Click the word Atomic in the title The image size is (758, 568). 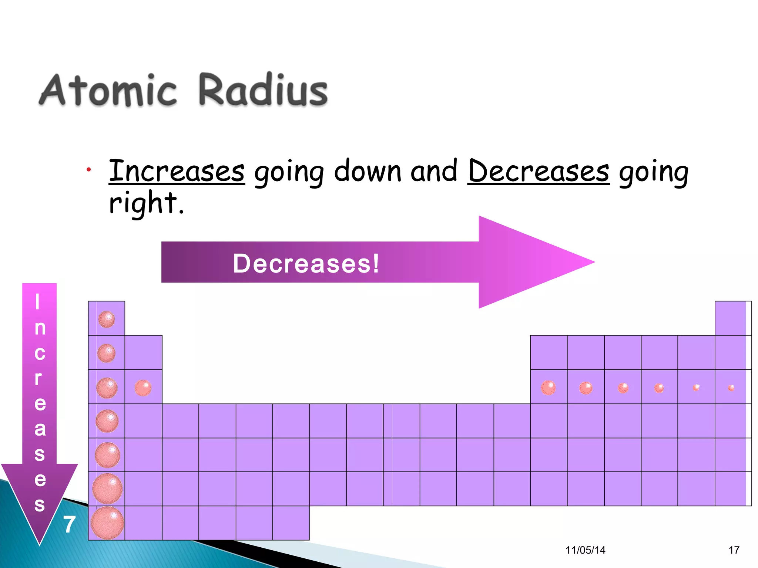[108, 90]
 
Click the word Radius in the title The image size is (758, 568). [263, 90]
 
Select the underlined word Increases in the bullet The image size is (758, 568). [177, 171]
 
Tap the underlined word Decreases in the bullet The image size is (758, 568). [538, 171]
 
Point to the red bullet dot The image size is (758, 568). [88, 170]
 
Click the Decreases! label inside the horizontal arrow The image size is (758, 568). [306, 263]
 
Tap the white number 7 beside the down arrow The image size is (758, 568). [69, 524]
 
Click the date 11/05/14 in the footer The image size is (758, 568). [585, 550]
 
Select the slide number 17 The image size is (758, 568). [734, 550]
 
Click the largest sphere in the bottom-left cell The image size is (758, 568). [107, 523]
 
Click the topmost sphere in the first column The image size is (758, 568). [107, 319]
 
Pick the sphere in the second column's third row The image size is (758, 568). [143, 388]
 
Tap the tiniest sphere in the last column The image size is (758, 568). [731, 388]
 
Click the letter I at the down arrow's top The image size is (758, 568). [37, 302]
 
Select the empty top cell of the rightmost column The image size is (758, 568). [731, 318]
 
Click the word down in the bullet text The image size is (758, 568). [368, 171]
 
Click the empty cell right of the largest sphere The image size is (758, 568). [143, 523]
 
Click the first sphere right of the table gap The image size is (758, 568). [548, 388]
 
